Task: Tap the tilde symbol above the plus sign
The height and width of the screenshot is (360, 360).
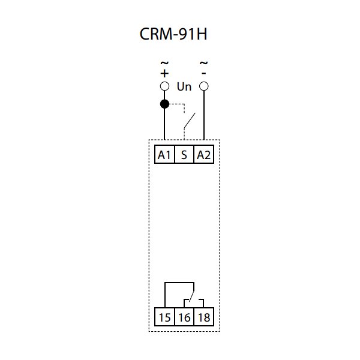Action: (x=164, y=62)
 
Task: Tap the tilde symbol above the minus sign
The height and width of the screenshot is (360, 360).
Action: (x=204, y=62)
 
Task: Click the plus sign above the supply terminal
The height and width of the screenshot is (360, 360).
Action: (x=164, y=73)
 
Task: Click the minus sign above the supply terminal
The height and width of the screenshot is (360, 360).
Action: (x=204, y=73)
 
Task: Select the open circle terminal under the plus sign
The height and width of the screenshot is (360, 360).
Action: (x=164, y=86)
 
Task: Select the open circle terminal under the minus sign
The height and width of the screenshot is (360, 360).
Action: (x=204, y=86)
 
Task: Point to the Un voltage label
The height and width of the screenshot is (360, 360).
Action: (x=184, y=87)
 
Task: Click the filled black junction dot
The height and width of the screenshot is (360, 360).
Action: (x=164, y=104)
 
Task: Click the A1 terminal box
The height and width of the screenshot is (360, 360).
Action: (x=164, y=155)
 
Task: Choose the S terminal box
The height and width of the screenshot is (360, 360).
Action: (x=184, y=155)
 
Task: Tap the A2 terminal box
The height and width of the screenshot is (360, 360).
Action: (x=204, y=155)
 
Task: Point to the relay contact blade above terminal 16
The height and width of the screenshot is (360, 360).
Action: (x=190, y=295)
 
